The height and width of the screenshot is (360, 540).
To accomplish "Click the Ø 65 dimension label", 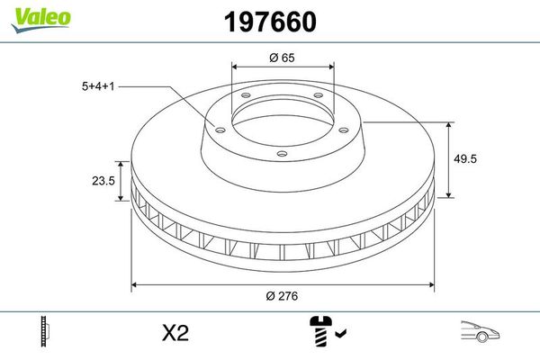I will pos(283,58).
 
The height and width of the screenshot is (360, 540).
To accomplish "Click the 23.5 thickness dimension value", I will pos(103,180).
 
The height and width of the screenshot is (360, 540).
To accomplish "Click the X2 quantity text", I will pos(175,333).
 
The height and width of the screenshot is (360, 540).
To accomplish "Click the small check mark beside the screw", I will pos(338,335).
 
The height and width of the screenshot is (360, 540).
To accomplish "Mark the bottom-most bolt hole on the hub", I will pos(282,154).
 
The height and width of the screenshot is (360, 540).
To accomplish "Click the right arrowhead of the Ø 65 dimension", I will pos(331,67).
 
